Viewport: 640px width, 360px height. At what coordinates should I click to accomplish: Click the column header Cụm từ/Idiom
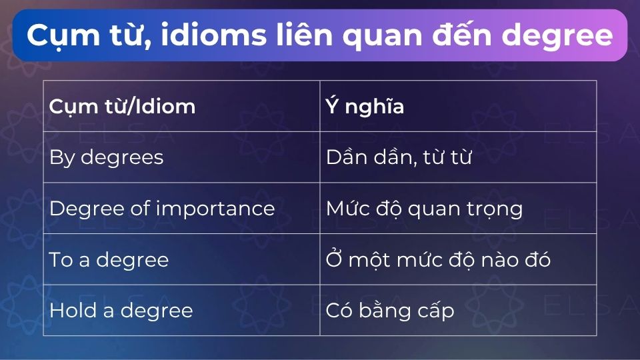pos(122,107)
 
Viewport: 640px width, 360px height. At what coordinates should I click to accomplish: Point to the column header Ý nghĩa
pos(365,107)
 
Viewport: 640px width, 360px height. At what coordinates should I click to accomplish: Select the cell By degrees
pos(106,157)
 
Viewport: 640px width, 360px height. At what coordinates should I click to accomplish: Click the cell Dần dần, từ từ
pos(399,157)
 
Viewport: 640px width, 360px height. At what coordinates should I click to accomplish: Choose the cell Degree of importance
pos(162,209)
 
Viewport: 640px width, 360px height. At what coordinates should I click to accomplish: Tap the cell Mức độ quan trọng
pos(424,209)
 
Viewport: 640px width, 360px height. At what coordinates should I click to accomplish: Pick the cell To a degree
pos(109,259)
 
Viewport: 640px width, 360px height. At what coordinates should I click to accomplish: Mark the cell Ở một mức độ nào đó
pos(438,259)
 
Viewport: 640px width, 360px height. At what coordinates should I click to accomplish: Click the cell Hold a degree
pos(121,311)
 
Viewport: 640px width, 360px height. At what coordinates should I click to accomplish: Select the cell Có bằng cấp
pos(390,311)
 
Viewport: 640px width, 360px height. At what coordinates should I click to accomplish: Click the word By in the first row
pos(60,157)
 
